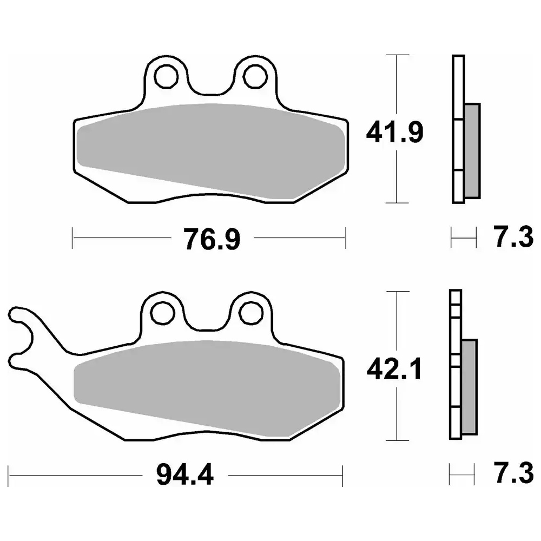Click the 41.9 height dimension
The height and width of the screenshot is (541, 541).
pyautogui.click(x=395, y=132)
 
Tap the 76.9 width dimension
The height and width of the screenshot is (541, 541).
pyautogui.click(x=212, y=239)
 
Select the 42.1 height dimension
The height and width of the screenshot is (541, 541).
pyautogui.click(x=394, y=368)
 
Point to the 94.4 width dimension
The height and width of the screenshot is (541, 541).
pyautogui.click(x=185, y=475)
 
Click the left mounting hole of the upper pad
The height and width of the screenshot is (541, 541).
pyautogui.click(x=167, y=77)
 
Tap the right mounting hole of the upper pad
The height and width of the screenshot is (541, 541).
pyautogui.click(x=255, y=77)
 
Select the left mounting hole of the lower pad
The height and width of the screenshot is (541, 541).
pyautogui.click(x=163, y=313)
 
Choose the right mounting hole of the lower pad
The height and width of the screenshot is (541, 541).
pyautogui.click(x=251, y=313)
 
